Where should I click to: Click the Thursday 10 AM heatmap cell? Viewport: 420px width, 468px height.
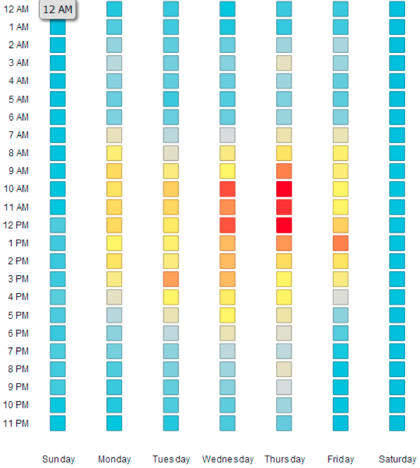coord(284,189)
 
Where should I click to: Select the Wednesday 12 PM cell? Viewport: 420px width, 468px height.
coord(227,225)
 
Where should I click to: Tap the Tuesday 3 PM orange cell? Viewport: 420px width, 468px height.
coord(170,279)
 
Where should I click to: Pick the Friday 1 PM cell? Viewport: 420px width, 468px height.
coord(340,243)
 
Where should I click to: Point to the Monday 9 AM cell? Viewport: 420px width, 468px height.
coord(114,171)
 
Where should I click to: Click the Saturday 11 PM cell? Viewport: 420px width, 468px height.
coord(397,423)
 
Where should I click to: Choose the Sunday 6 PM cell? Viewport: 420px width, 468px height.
coord(57,333)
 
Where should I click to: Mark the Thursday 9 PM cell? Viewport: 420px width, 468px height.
coord(284,387)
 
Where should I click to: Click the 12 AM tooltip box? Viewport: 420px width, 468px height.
coord(57,9)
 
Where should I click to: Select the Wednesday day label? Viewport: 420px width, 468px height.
coord(228,459)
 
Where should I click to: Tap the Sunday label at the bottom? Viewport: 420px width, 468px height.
coord(58,459)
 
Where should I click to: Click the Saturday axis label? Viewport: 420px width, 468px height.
coord(397,459)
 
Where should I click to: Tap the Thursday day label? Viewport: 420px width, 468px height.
coord(284,459)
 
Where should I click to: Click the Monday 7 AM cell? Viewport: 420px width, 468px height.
coord(114,135)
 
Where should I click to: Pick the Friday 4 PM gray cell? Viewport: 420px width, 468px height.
coord(340,297)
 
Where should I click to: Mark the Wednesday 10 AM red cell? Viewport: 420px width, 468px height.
coord(227,189)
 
